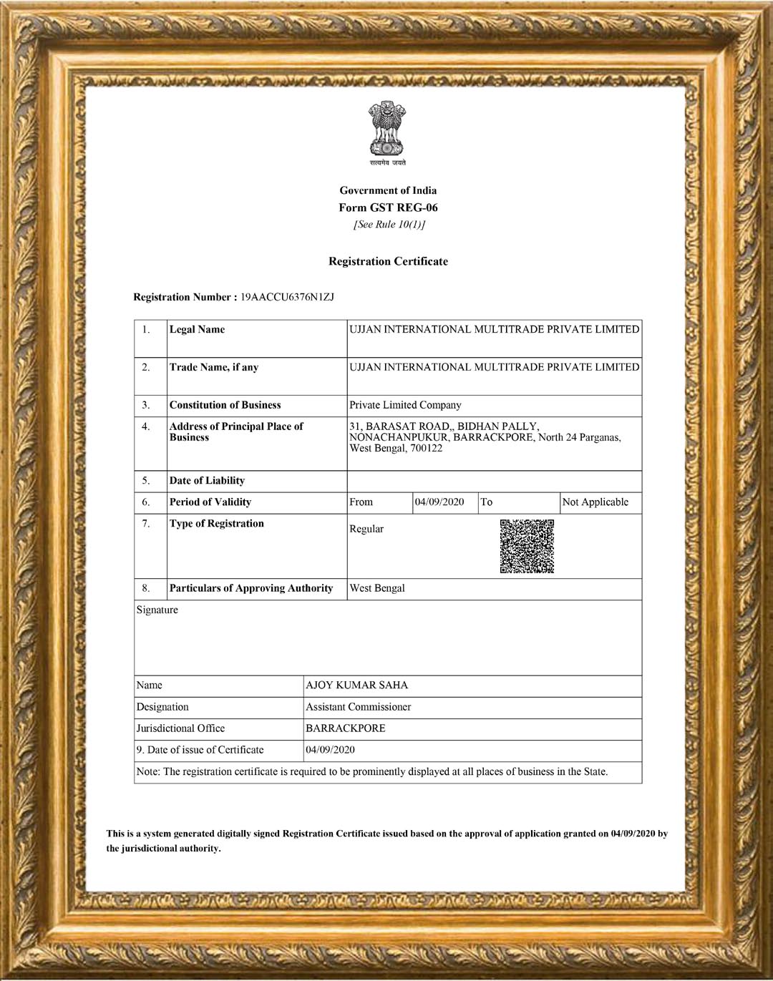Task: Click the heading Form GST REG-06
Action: (388, 208)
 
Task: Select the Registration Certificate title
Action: (388, 261)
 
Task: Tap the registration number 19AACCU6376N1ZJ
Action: (287, 297)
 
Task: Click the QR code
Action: (527, 546)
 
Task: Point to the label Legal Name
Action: (197, 329)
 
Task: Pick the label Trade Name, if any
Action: (213, 367)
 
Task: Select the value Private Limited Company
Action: (405, 405)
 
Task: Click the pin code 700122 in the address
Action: (427, 449)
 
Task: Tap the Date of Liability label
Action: (207, 481)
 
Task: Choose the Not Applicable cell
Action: (595, 502)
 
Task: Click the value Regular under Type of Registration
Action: (366, 529)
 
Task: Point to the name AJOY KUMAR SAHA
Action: (356, 685)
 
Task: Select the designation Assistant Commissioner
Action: (358, 707)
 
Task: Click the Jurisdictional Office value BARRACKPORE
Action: (345, 728)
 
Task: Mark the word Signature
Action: (157, 610)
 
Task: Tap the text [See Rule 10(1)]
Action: (389, 225)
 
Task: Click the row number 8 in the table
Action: (146, 588)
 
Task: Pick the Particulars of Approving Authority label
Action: (251, 588)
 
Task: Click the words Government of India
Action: (388, 190)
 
